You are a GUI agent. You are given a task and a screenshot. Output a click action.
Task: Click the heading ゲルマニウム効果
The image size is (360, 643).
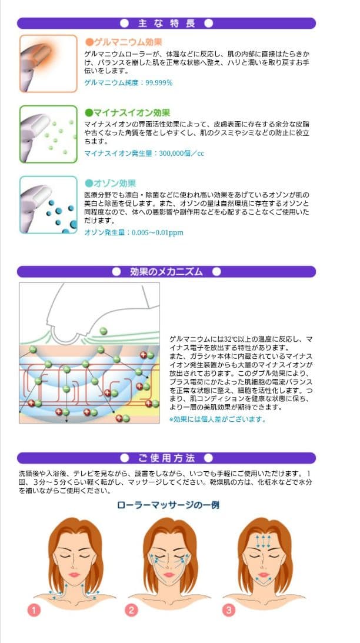click(124, 42)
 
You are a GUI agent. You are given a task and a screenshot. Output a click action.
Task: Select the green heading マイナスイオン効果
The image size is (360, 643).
click(127, 112)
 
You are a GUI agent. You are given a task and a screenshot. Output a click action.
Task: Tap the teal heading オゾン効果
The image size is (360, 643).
click(110, 183)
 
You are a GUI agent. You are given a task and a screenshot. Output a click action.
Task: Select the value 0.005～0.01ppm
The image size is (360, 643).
click(157, 232)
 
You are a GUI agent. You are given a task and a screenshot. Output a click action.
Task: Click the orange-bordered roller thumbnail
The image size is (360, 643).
click(48, 64)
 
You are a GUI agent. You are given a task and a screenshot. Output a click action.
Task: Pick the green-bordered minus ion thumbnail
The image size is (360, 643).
click(48, 134)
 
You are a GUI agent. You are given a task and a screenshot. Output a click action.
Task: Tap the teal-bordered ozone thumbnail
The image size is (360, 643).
click(48, 205)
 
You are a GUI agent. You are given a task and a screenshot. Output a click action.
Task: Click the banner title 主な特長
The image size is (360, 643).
click(166, 23)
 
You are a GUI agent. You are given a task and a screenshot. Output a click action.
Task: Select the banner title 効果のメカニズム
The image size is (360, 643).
click(166, 271)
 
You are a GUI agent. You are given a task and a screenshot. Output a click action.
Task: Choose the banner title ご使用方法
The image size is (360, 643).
click(166, 458)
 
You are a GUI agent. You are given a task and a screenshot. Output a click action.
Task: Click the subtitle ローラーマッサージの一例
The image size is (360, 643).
click(168, 504)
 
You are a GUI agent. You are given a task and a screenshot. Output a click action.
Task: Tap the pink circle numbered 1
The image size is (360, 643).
click(34, 610)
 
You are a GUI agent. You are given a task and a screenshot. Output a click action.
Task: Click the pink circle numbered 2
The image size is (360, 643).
click(131, 610)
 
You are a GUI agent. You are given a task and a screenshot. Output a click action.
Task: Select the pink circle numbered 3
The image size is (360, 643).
click(228, 610)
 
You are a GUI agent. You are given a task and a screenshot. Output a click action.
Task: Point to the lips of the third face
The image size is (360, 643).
click(263, 575)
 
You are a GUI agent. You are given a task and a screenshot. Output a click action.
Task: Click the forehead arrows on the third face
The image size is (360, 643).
click(263, 541)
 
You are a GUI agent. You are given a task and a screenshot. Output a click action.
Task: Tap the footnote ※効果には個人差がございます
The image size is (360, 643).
click(217, 419)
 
